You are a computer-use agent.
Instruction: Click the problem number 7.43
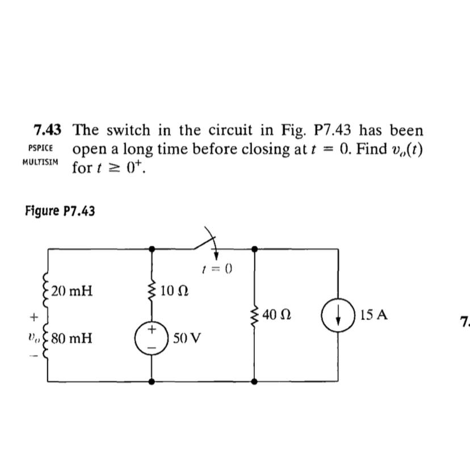[x=47, y=131]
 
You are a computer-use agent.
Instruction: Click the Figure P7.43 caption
[x=60, y=211]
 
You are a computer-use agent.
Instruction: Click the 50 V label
[x=187, y=339]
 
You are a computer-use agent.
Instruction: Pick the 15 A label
[x=374, y=314]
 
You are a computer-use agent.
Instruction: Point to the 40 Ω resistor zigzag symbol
[x=254, y=314]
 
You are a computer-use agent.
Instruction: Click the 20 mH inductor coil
[x=47, y=291]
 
